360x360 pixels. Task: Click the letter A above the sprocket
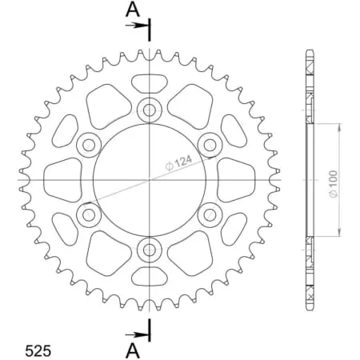pos(132,10)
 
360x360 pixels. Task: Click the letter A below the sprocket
pos(132,350)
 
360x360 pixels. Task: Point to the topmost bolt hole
pos(150,110)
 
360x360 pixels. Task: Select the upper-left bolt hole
pos(88,145)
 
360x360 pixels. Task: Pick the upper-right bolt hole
pos(211,145)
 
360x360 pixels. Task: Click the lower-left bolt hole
pos(88,214)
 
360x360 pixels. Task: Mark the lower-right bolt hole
pos(211,214)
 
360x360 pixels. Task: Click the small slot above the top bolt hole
pos(150,82)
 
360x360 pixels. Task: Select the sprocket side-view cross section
pos(309,180)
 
